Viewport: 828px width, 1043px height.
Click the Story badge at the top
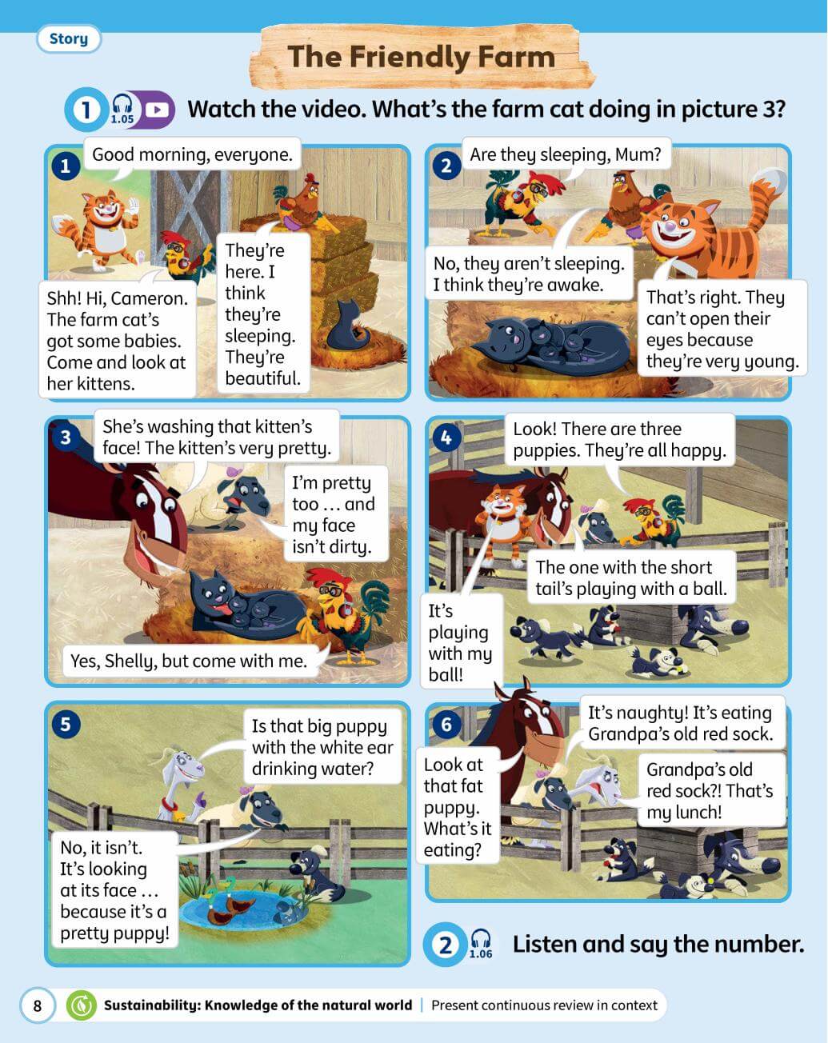point(68,38)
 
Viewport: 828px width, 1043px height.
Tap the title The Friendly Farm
point(422,57)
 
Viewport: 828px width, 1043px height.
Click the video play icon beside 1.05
point(157,110)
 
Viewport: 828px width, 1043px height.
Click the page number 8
point(38,1005)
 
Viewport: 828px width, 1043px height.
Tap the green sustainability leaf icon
point(82,1005)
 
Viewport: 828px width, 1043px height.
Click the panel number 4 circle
point(446,438)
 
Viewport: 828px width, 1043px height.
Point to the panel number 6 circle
point(446,725)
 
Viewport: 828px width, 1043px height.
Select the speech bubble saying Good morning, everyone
point(193,154)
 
